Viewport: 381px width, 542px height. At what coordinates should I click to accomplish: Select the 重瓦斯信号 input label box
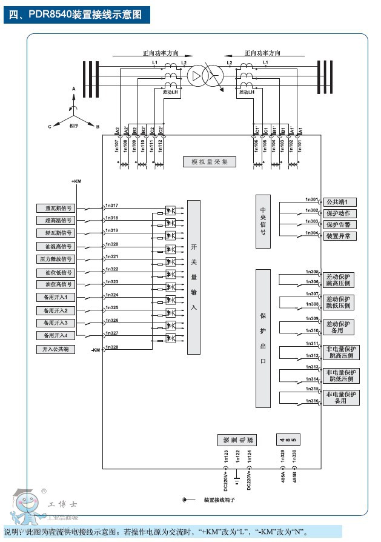tap(58, 208)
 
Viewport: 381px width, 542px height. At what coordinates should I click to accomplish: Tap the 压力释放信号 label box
tap(58, 259)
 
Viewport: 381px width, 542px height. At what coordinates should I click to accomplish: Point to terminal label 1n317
tap(111, 205)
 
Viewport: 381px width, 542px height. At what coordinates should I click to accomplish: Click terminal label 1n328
tap(111, 347)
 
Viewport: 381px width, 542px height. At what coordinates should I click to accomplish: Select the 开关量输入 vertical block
tap(194, 277)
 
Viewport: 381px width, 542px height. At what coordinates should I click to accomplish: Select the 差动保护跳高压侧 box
tap(339, 279)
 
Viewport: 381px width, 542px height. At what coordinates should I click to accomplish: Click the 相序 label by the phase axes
tap(73, 125)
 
